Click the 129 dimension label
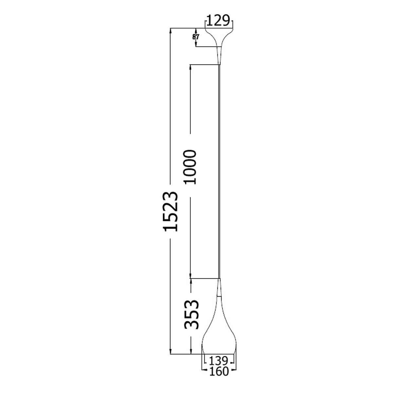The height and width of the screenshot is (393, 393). click(x=218, y=20)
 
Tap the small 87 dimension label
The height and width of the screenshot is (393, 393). click(x=196, y=37)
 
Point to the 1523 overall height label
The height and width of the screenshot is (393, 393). click(x=170, y=211)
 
